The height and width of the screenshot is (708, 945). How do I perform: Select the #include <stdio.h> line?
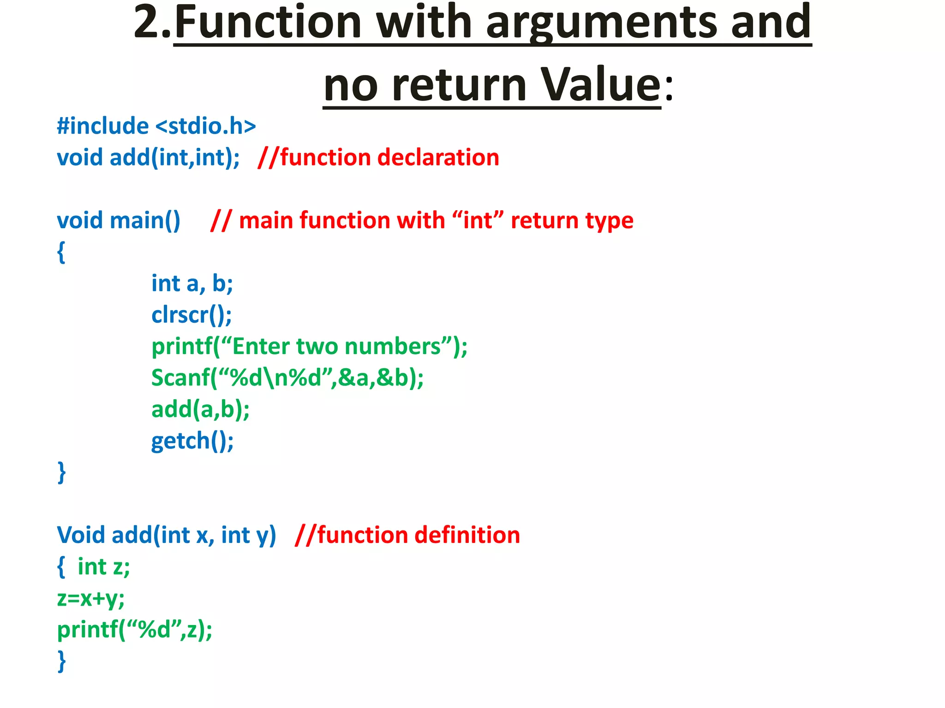pyautogui.click(x=156, y=126)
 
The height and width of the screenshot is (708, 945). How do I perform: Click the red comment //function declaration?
pyautogui.click(x=378, y=158)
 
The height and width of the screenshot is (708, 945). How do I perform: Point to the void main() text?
pyautogui.click(x=119, y=220)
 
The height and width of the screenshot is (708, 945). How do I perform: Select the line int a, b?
pyautogui.click(x=192, y=283)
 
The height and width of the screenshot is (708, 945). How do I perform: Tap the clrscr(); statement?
pyautogui.click(x=191, y=315)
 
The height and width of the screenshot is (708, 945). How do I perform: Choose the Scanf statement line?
pyautogui.click(x=287, y=378)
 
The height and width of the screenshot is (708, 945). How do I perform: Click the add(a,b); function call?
pyautogui.click(x=200, y=409)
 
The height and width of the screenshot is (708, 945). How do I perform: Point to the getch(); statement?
pyautogui.click(x=192, y=441)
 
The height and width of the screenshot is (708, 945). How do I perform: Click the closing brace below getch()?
pyautogui.click(x=61, y=472)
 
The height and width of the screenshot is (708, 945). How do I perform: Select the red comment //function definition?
pyautogui.click(x=407, y=535)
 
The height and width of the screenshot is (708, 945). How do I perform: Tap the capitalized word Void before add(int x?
pyautogui.click(x=81, y=535)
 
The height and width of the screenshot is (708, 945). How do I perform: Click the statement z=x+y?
pyautogui.click(x=91, y=598)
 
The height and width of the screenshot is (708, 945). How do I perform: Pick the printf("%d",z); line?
pyautogui.click(x=135, y=630)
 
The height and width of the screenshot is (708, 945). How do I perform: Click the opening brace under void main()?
pyautogui.click(x=61, y=252)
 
